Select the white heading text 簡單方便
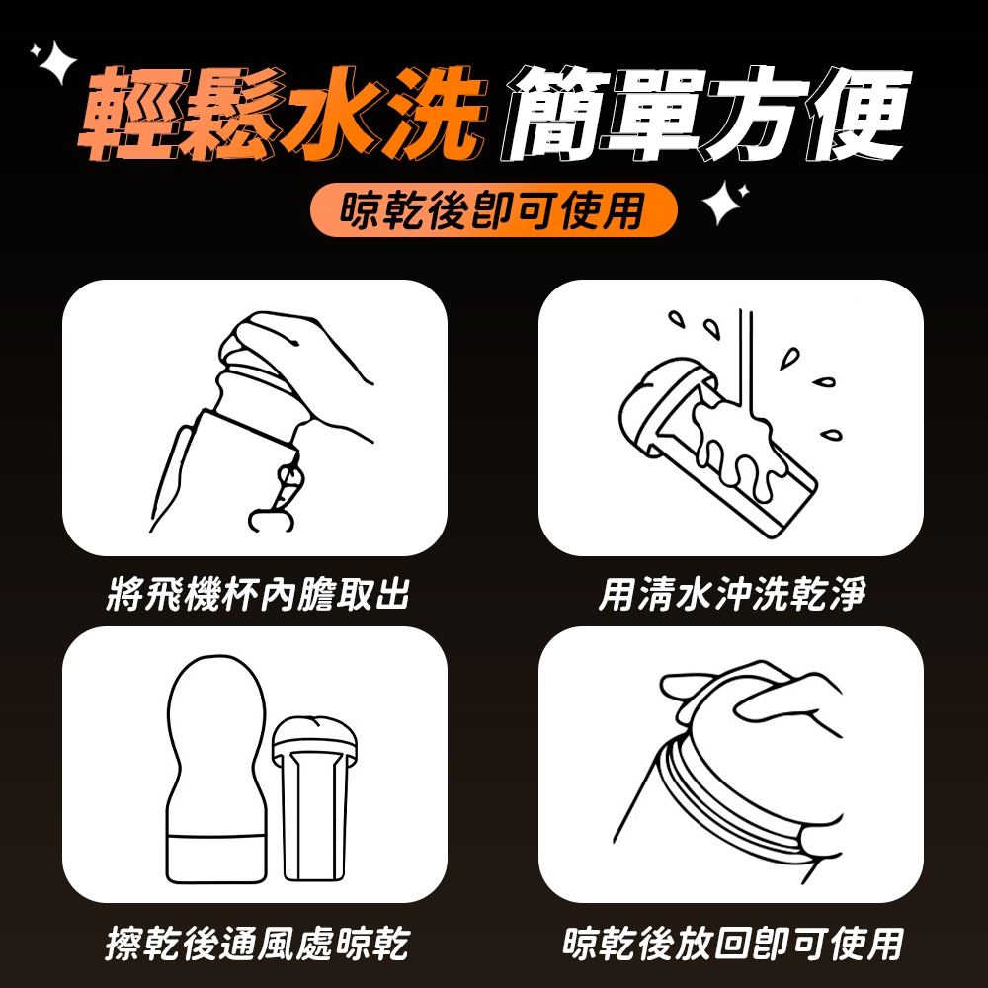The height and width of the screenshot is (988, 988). pos(705,114)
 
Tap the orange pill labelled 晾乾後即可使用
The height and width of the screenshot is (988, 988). pos(493,209)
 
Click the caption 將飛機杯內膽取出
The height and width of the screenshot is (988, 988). pos(258,594)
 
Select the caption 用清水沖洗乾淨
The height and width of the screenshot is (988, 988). pos(732,594)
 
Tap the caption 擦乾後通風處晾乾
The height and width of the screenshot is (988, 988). pos(257,944)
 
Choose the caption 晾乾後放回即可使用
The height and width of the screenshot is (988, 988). pos(732,944)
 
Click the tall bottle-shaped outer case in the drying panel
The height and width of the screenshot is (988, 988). pos(216,769)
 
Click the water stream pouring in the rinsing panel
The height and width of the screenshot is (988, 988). pos(748,366)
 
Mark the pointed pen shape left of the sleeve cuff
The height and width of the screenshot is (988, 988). pos(169,477)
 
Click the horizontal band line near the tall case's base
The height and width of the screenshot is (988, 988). pos(216,836)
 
